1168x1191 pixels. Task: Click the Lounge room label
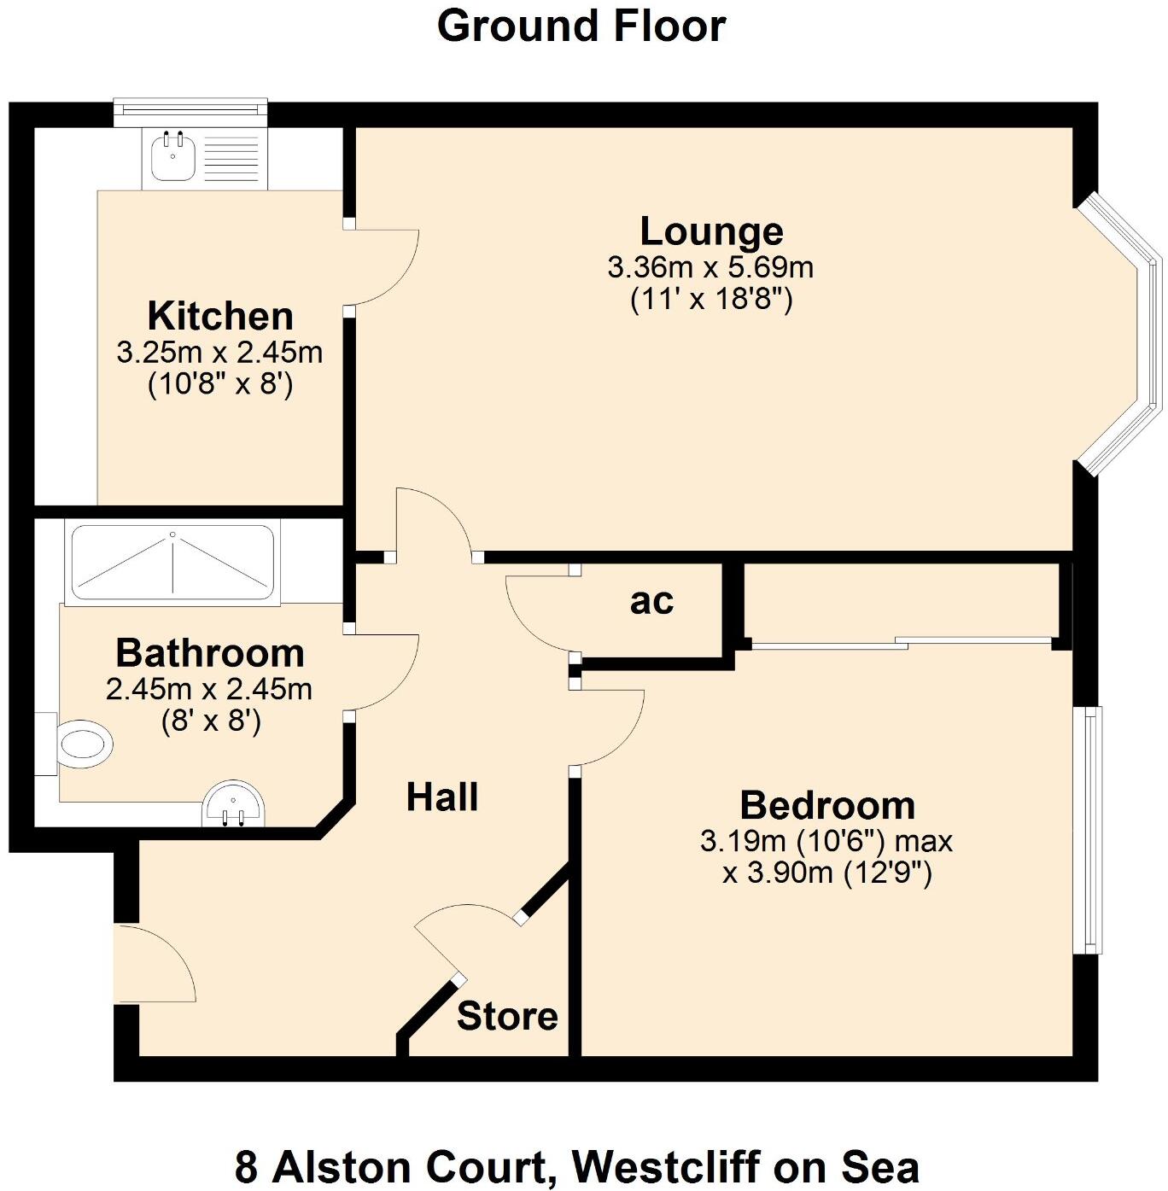[x=711, y=231]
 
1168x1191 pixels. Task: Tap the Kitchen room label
[x=220, y=316]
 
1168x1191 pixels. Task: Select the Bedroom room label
[x=827, y=805]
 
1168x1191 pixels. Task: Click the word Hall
[x=441, y=797]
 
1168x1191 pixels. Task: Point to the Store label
[x=507, y=1016]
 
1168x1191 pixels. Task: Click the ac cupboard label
[x=651, y=601]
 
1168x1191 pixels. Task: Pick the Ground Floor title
[x=581, y=26]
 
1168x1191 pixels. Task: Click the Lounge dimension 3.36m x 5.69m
[x=710, y=268]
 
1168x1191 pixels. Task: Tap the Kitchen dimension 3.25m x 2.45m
[x=219, y=353]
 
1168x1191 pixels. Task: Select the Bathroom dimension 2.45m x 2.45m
[x=209, y=689]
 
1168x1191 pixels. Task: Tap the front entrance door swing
[x=154, y=963]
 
